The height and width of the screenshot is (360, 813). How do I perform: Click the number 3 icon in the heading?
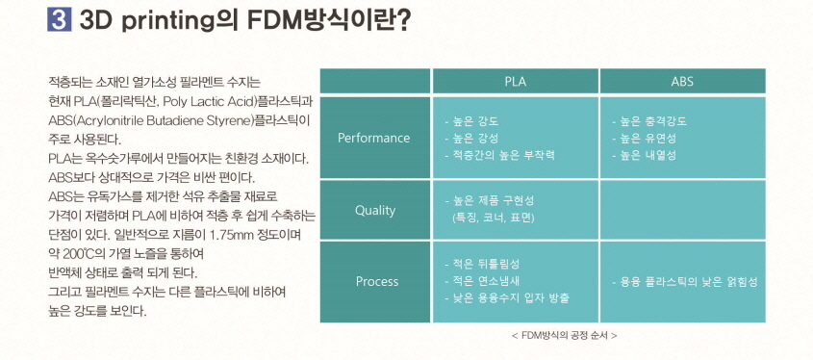(x=60, y=19)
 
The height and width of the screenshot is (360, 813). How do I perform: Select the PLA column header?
(x=515, y=81)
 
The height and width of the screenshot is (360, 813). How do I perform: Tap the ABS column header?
(x=682, y=81)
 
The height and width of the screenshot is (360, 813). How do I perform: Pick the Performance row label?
(x=373, y=138)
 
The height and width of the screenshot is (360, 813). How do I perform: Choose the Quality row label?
(x=375, y=210)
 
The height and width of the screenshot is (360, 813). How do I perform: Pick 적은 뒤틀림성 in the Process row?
(x=484, y=264)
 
